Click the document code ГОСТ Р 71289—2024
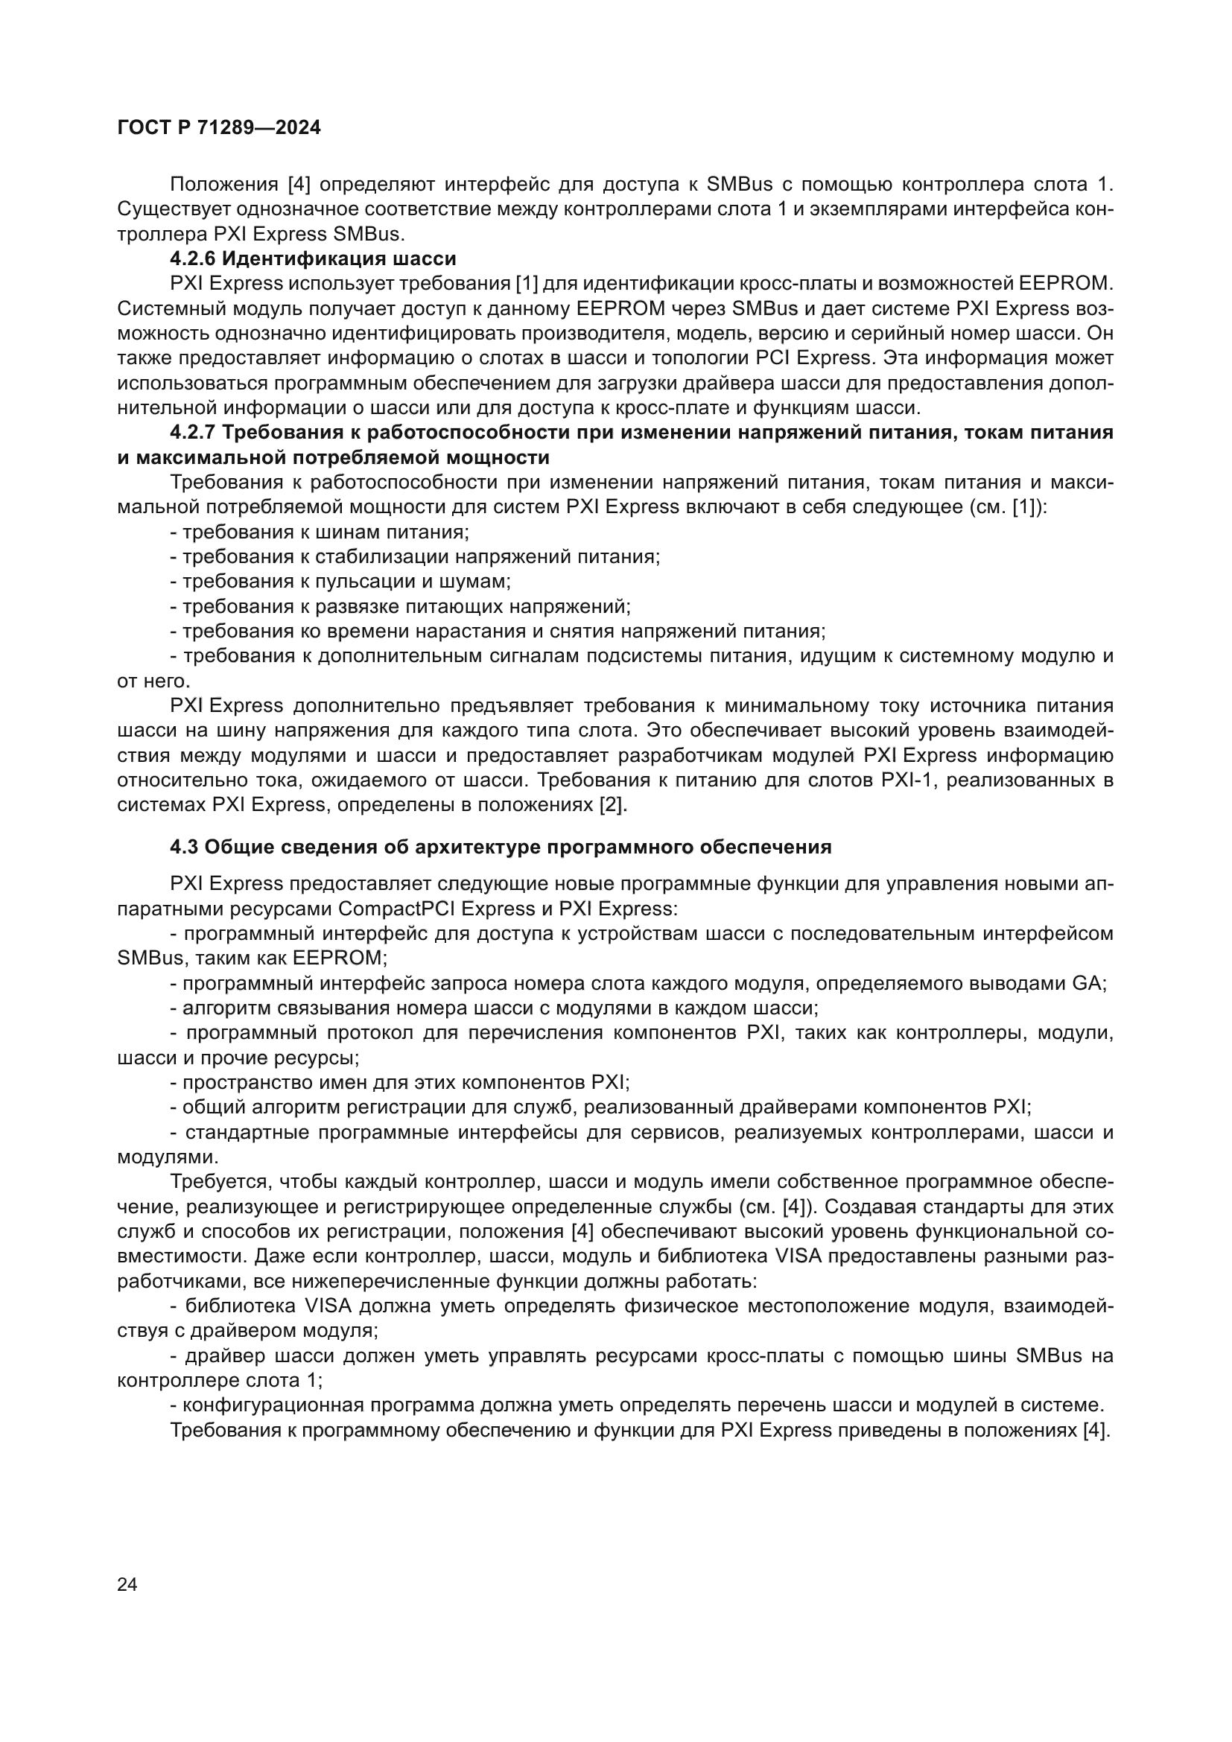coord(219,128)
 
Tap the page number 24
coord(127,1584)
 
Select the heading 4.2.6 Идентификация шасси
coord(313,258)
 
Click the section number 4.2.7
coord(194,433)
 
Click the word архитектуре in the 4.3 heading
coord(475,847)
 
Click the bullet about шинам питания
coord(320,532)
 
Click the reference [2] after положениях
coord(614,805)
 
